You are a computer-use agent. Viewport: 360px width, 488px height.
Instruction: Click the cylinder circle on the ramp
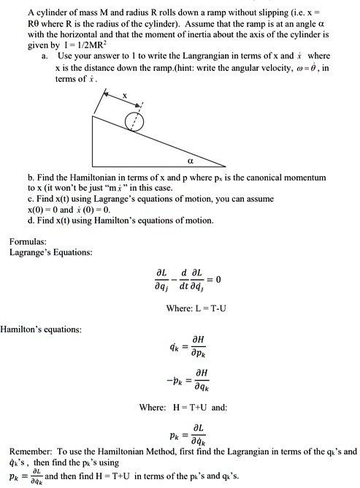click(134, 120)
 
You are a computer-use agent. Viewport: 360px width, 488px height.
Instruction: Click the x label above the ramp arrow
click(125, 94)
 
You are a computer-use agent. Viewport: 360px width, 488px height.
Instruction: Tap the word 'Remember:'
click(31, 451)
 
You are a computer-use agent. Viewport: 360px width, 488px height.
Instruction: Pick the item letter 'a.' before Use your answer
click(46, 56)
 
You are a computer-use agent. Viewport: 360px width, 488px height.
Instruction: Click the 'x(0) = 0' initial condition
click(62, 210)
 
